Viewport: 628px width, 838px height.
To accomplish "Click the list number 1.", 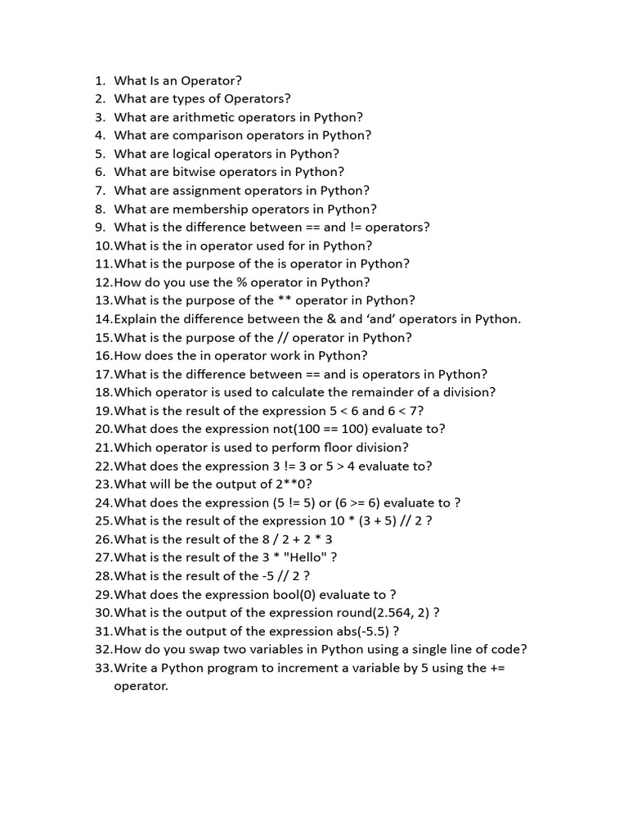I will click(100, 80).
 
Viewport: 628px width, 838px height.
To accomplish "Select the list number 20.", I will click(103, 429).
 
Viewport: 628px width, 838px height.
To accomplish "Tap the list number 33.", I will click(103, 668).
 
